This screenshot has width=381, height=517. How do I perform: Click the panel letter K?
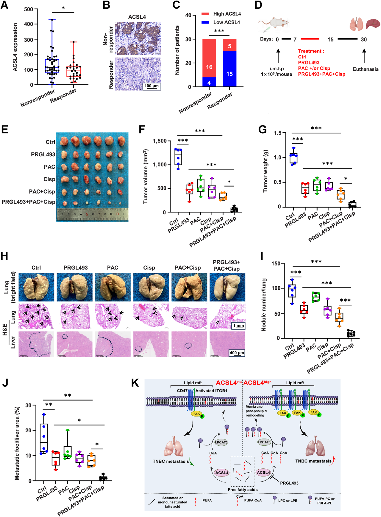pyautogui.click(x=135, y=383)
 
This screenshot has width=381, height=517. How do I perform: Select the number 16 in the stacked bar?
pyautogui.click(x=209, y=67)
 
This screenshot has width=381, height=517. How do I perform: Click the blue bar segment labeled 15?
pyautogui.click(x=229, y=74)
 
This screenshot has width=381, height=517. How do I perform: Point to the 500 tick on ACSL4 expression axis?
pyautogui.click(x=29, y=9)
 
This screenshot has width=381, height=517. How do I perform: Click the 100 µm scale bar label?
pyautogui.click(x=152, y=86)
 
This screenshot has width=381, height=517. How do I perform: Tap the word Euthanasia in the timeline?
pyautogui.click(x=366, y=69)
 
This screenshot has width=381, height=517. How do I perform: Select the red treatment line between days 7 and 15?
pyautogui.click(x=310, y=39)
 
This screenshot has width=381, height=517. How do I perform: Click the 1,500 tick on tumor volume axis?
pyautogui.click(x=160, y=141)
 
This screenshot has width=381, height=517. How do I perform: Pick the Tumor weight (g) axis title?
pyautogui.click(x=266, y=171)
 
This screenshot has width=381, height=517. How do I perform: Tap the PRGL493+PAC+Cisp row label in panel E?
pyautogui.click(x=29, y=202)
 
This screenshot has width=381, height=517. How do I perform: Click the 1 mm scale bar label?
pyautogui.click(x=238, y=326)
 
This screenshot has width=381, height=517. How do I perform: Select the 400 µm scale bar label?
pyautogui.click(x=237, y=353)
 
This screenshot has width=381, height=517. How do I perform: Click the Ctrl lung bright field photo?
pyautogui.click(x=36, y=287)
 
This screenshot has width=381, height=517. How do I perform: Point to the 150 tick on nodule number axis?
pyautogui.click(x=276, y=264)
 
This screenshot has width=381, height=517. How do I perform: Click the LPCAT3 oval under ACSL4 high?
pyautogui.click(x=264, y=442)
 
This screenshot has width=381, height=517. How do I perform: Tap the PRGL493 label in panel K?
pyautogui.click(x=289, y=483)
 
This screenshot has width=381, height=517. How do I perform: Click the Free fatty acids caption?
pyautogui.click(x=243, y=490)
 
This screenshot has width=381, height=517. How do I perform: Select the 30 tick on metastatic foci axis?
pyautogui.click(x=29, y=405)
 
